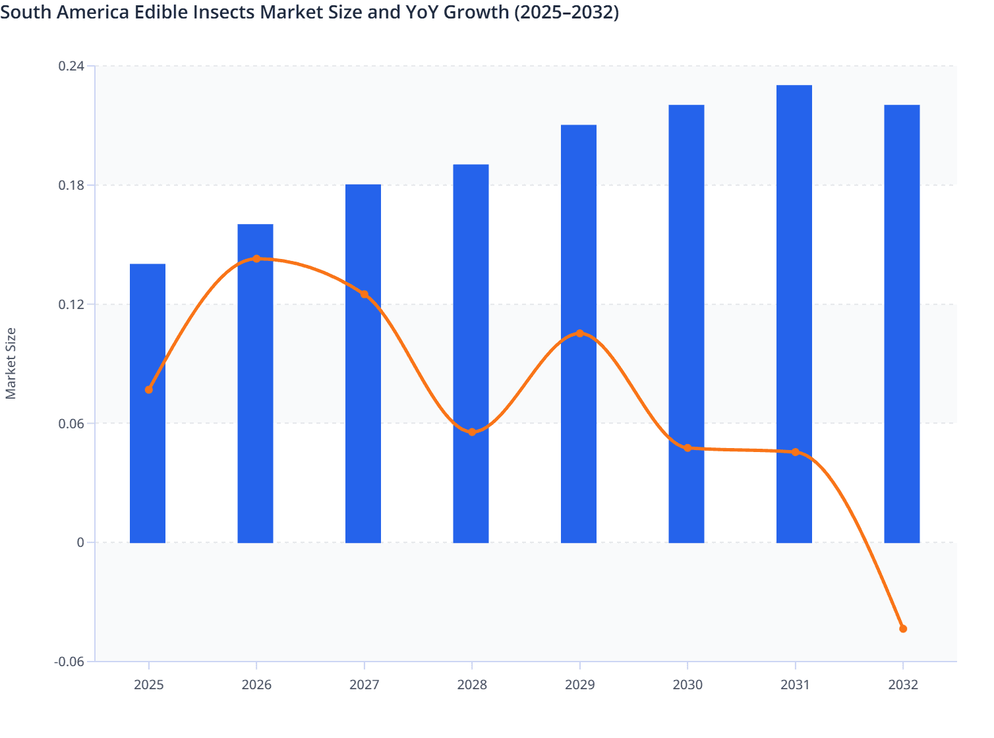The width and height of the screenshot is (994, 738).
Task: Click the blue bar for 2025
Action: tap(148, 461)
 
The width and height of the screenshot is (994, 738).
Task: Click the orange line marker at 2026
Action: tap(256, 259)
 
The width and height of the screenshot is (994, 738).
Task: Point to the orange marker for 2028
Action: tap(472, 432)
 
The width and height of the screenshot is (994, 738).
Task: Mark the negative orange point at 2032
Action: tap(903, 629)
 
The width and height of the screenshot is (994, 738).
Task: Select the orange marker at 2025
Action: tap(149, 389)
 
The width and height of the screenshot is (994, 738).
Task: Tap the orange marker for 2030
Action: tap(687, 448)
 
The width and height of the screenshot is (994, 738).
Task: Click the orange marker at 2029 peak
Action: tap(580, 333)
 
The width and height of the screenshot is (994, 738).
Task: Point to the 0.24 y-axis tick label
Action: tap(71, 66)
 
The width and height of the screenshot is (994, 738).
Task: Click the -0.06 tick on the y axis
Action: tap(69, 662)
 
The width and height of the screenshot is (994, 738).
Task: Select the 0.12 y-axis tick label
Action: tap(71, 304)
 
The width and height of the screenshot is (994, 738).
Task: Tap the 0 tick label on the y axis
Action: tap(80, 542)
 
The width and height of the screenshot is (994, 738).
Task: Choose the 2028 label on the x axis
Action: tap(472, 685)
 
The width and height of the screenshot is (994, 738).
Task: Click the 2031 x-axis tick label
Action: tap(795, 685)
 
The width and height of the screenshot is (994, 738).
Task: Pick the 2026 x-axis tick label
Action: tap(256, 685)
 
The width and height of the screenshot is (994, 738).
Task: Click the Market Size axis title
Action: tap(11, 364)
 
